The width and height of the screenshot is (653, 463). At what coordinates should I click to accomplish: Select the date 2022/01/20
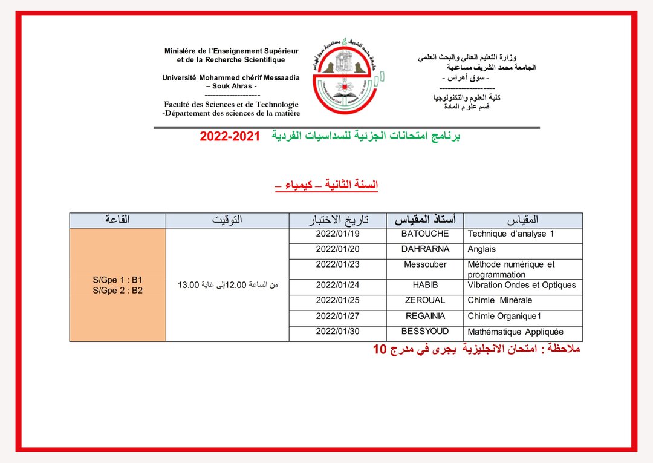pos(337,249)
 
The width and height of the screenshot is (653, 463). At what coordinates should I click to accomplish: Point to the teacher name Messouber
pos(425,264)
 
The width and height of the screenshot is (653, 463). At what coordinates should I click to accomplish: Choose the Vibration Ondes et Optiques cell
pos(522,285)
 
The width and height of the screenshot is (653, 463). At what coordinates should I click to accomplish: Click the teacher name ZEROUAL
pos(425,300)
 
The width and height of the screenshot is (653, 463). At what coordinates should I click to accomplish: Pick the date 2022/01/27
pos(337,316)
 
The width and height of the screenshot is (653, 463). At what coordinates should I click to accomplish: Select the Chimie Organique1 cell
pos(505,316)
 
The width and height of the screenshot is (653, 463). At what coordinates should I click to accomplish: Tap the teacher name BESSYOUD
pos(425,331)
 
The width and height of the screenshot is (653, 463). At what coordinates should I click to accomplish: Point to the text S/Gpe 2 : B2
pos(118,291)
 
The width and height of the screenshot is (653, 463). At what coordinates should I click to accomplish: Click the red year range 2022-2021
pos(229,137)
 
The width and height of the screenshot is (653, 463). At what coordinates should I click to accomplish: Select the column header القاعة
pos(117,220)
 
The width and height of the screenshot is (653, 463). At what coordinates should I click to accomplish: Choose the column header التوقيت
pos(227,220)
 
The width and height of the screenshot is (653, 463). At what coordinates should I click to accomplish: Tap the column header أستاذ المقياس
pos(425,220)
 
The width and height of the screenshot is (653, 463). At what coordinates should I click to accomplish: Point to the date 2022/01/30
pos(337,331)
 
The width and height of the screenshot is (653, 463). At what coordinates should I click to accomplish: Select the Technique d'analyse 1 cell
pos(510,234)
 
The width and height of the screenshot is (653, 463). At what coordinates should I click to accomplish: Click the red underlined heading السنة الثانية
pos(351,185)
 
